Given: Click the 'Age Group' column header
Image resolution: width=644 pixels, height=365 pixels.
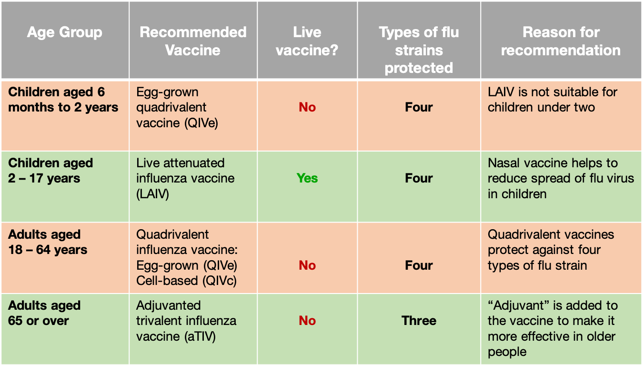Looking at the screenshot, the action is coord(65,32).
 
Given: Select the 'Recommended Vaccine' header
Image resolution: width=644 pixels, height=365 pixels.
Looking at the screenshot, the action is coord(193,41).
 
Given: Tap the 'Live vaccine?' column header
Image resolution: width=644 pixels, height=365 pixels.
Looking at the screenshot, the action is coord(307,41).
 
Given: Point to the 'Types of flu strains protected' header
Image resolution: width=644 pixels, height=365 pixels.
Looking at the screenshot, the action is coord(419,50).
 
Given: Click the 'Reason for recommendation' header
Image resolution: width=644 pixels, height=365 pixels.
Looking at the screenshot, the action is coord(561,41).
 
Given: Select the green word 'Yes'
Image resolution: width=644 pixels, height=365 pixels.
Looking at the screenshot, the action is coord(307,178).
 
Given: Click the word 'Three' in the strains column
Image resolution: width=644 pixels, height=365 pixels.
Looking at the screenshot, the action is coord(419,321).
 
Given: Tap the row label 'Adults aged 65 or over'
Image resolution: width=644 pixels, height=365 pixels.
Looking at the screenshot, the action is coord(44,313).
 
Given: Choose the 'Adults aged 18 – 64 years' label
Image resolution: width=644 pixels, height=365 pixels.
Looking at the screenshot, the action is coord(48,242).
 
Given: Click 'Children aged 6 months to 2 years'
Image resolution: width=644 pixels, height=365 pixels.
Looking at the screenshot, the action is coord(63,100).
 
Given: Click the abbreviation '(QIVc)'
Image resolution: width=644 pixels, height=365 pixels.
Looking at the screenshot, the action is coord(220,281).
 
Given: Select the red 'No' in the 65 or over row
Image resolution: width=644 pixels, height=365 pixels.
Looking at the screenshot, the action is coord(307,321).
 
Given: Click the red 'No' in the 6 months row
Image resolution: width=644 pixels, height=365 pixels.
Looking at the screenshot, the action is coord(307,107).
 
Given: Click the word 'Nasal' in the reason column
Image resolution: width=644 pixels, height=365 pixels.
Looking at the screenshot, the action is coord(504,163).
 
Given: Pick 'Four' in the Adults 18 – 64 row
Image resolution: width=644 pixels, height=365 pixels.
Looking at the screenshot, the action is coord(419,265).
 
